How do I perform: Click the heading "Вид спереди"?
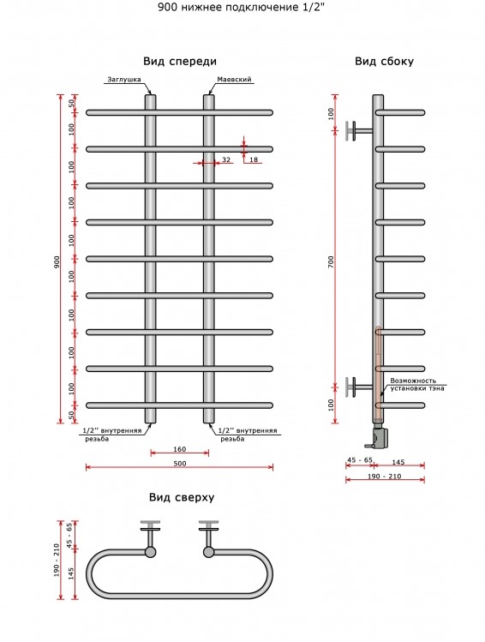pyautogui.click(x=180, y=62)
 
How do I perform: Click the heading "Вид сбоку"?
pyautogui.click(x=384, y=62)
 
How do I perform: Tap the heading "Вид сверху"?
pyautogui.click(x=182, y=498)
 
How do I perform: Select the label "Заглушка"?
pyautogui.click(x=124, y=80)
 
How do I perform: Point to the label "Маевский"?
pyautogui.click(x=234, y=80)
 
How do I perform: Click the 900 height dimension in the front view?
pyautogui.click(x=57, y=262)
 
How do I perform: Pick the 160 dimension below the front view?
pyautogui.click(x=180, y=449)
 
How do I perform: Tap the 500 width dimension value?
pyautogui.click(x=180, y=464)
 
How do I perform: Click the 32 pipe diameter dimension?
pyautogui.click(x=226, y=159)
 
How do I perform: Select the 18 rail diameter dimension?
pyautogui.click(x=254, y=159)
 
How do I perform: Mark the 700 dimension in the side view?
pyautogui.click(x=331, y=262)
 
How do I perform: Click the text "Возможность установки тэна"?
pyautogui.click(x=416, y=385)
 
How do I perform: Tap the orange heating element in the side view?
pyautogui.click(x=378, y=373)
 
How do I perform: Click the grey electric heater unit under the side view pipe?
pyautogui.click(x=379, y=436)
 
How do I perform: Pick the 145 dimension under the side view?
pyautogui.click(x=398, y=462)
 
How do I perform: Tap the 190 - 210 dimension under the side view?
pyautogui.click(x=385, y=477)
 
